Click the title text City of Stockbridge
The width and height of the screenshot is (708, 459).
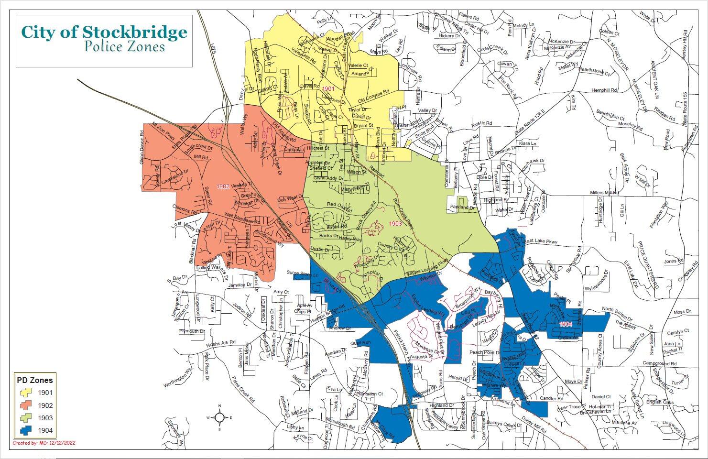click(104, 32)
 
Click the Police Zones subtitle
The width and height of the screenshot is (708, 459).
click(124, 47)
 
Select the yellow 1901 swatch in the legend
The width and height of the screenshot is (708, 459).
click(26, 393)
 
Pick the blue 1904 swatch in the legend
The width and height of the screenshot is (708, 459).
click(26, 430)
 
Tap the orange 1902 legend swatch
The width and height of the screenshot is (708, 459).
click(26, 405)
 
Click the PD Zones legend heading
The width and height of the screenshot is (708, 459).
click(34, 381)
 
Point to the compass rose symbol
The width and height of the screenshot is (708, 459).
click(219, 417)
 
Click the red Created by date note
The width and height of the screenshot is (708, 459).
click(44, 443)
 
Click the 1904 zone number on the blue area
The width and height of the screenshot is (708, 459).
click(566, 324)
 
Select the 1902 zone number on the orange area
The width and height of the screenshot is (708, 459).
click(223, 186)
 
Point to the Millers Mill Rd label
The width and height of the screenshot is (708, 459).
click(604, 192)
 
